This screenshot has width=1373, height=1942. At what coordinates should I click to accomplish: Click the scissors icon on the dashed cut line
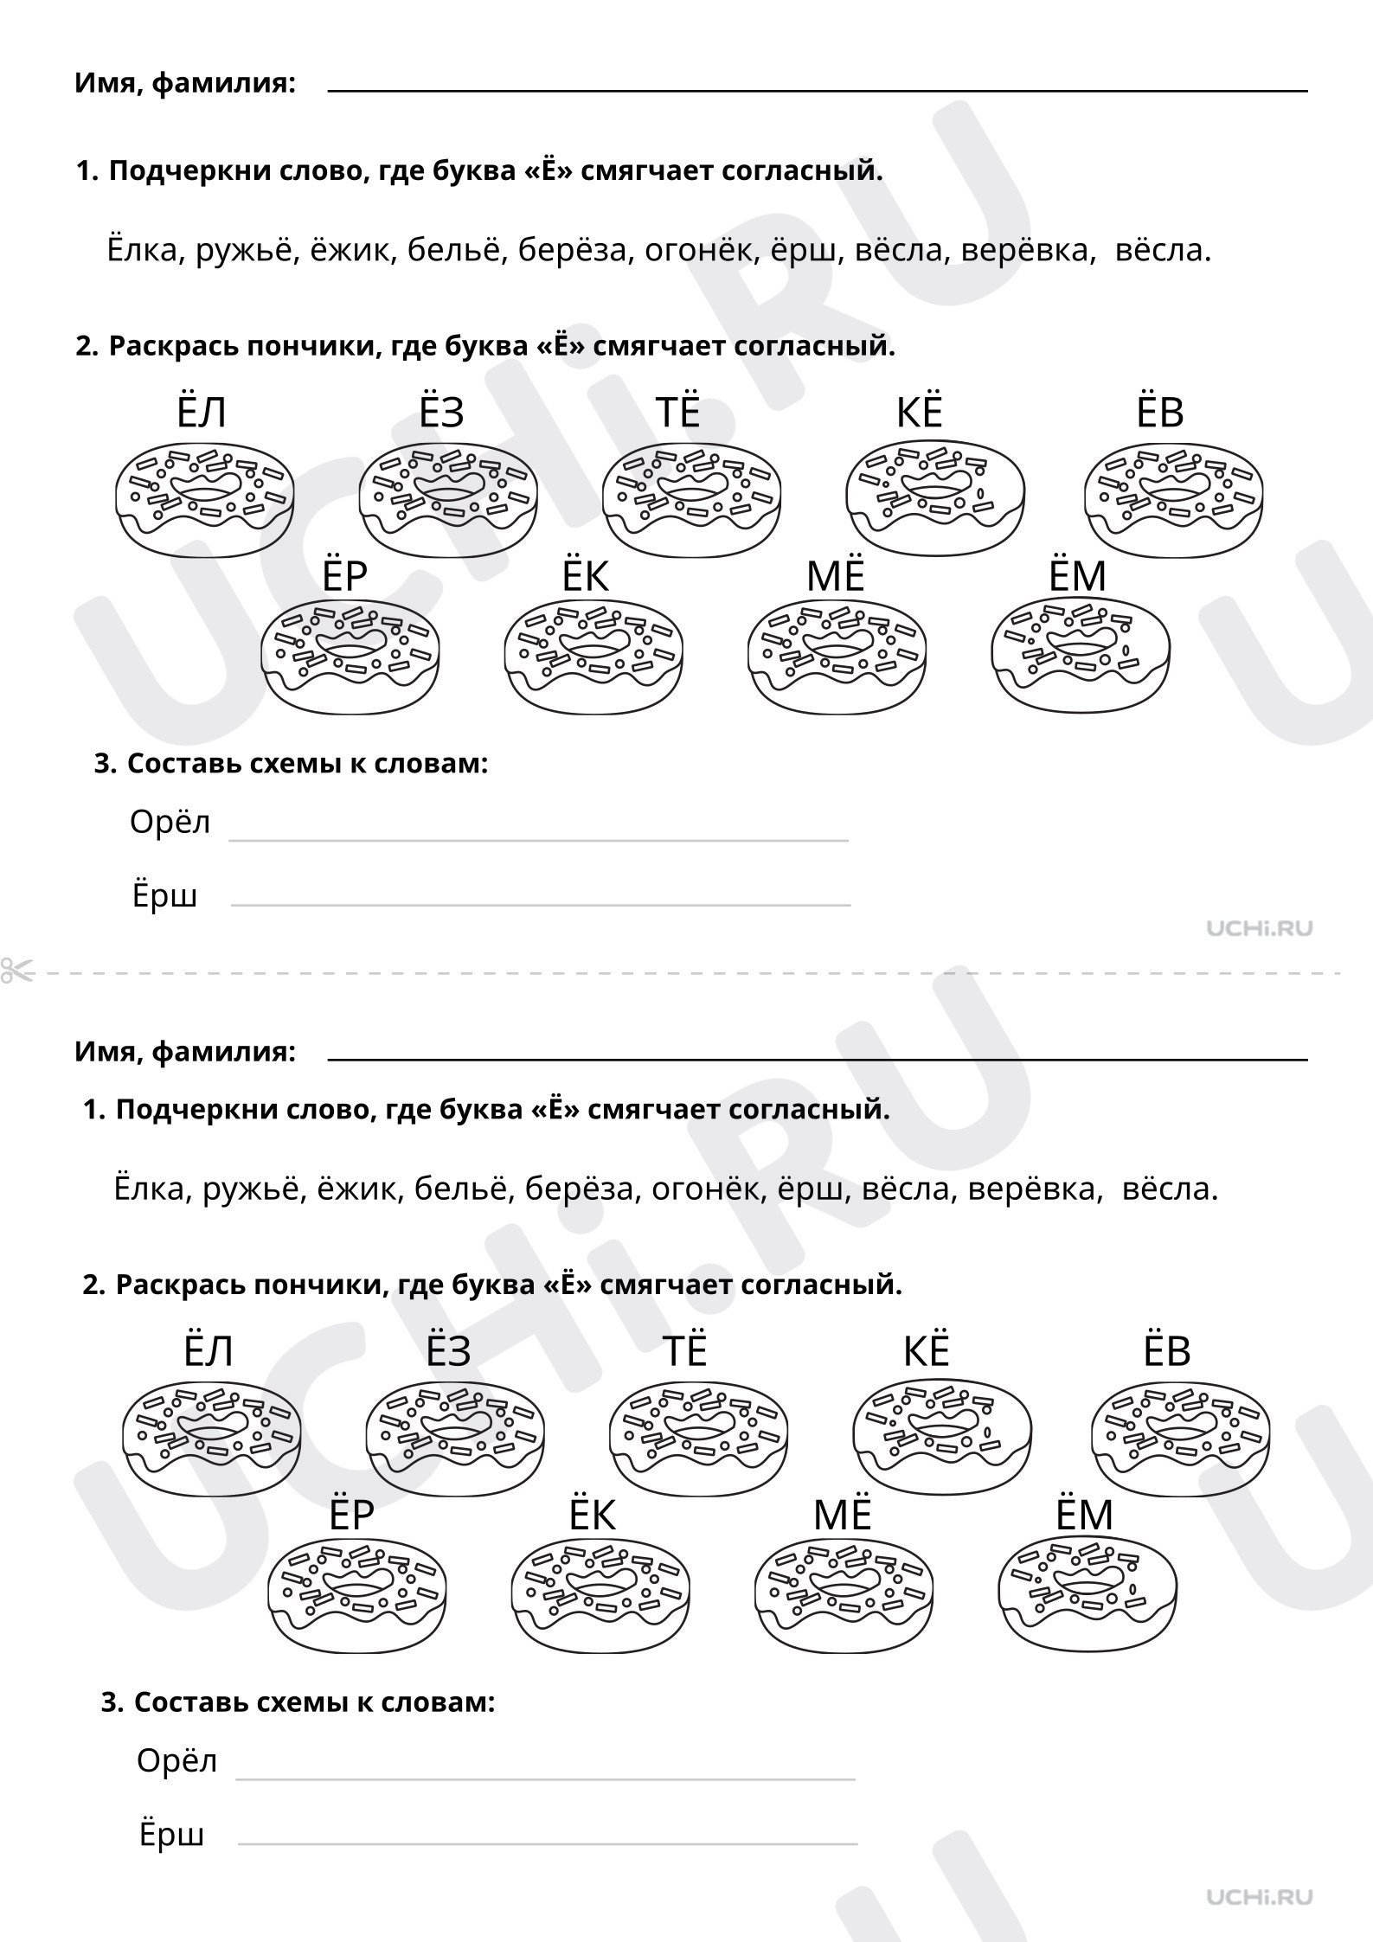16,971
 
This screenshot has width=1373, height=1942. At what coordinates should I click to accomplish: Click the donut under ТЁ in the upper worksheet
691,500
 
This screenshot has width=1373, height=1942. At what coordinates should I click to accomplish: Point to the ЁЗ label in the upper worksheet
441,412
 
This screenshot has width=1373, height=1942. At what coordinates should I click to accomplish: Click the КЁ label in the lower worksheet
926,1351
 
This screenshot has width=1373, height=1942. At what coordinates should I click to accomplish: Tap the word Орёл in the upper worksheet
170,822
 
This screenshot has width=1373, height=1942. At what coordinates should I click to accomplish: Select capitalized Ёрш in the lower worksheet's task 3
171,1834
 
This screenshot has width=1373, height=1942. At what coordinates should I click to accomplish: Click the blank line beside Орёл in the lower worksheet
545,1779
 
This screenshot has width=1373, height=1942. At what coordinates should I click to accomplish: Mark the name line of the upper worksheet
818,89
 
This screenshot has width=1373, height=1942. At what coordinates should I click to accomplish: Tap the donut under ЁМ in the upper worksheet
1080,656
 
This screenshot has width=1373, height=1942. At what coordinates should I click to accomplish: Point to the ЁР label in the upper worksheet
344,576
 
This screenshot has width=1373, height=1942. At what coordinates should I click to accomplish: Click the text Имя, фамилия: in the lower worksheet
185,1052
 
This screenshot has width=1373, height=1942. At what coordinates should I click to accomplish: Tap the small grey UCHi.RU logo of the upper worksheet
1259,928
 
